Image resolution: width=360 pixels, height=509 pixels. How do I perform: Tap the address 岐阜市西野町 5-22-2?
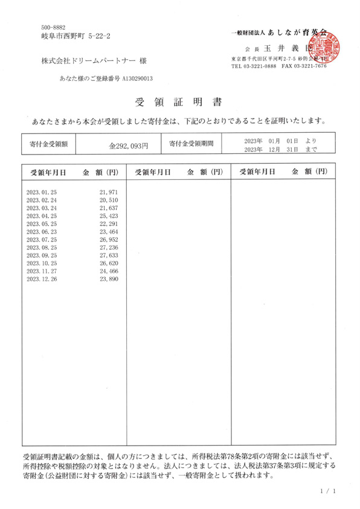point(76,37)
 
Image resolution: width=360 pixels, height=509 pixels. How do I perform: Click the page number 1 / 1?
point(327,491)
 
